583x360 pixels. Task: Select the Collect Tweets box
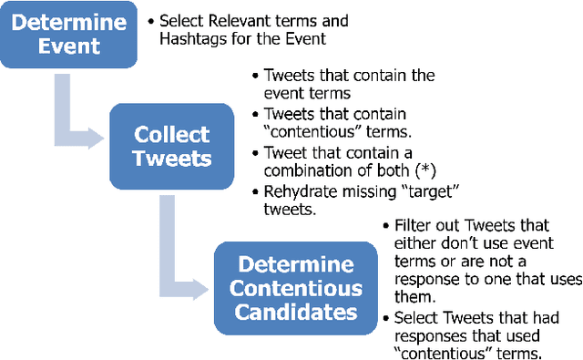coord(172,146)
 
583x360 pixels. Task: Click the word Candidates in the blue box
coord(295,312)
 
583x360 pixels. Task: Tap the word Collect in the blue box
coord(171,135)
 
